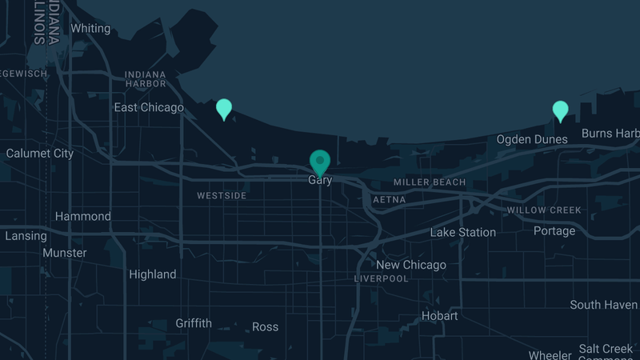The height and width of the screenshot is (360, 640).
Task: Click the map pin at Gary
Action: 320,162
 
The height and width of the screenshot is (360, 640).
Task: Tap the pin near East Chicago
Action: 224,108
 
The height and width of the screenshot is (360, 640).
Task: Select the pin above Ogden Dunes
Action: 561,110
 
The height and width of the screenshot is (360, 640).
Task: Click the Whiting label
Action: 90,29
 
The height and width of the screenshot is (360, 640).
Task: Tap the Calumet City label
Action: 40,154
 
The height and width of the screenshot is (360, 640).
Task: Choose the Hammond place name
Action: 83,217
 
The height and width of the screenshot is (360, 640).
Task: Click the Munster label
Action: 65,253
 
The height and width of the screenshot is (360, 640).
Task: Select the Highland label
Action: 152,274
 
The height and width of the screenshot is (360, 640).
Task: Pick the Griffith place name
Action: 194,323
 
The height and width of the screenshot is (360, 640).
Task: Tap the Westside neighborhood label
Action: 222,195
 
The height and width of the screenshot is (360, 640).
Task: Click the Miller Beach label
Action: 429,182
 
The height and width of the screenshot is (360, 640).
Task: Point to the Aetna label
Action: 389,199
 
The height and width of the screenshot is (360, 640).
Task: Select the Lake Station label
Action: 463,233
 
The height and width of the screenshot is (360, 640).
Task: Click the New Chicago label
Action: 411,265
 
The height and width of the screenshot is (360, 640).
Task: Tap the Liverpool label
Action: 382,278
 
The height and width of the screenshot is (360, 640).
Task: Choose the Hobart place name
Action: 440,316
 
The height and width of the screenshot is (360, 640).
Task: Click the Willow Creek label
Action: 544,210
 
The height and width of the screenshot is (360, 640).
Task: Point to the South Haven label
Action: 603,305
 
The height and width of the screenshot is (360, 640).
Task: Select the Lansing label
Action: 26,236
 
